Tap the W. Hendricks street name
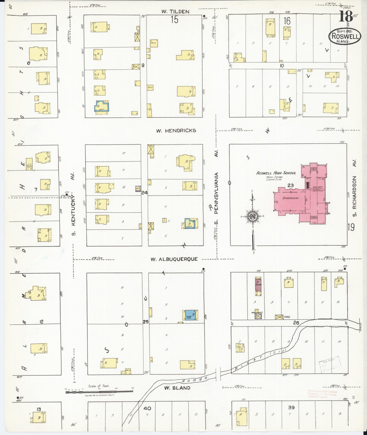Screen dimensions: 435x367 coord(176,131)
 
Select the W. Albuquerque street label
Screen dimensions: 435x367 coord(174,259)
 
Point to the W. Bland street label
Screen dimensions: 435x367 coord(177,388)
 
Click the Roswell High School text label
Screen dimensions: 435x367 coord(276,173)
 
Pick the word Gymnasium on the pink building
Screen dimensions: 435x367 coord(290,198)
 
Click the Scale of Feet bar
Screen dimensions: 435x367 coord(99,392)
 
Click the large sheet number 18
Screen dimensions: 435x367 coord(346,17)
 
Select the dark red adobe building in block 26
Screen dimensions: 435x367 coord(258,285)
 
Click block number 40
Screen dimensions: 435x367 coord(147,409)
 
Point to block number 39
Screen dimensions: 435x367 coord(291,408)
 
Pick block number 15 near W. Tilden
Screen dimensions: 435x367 coord(174,20)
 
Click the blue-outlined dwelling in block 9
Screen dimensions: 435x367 coord(102,106)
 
